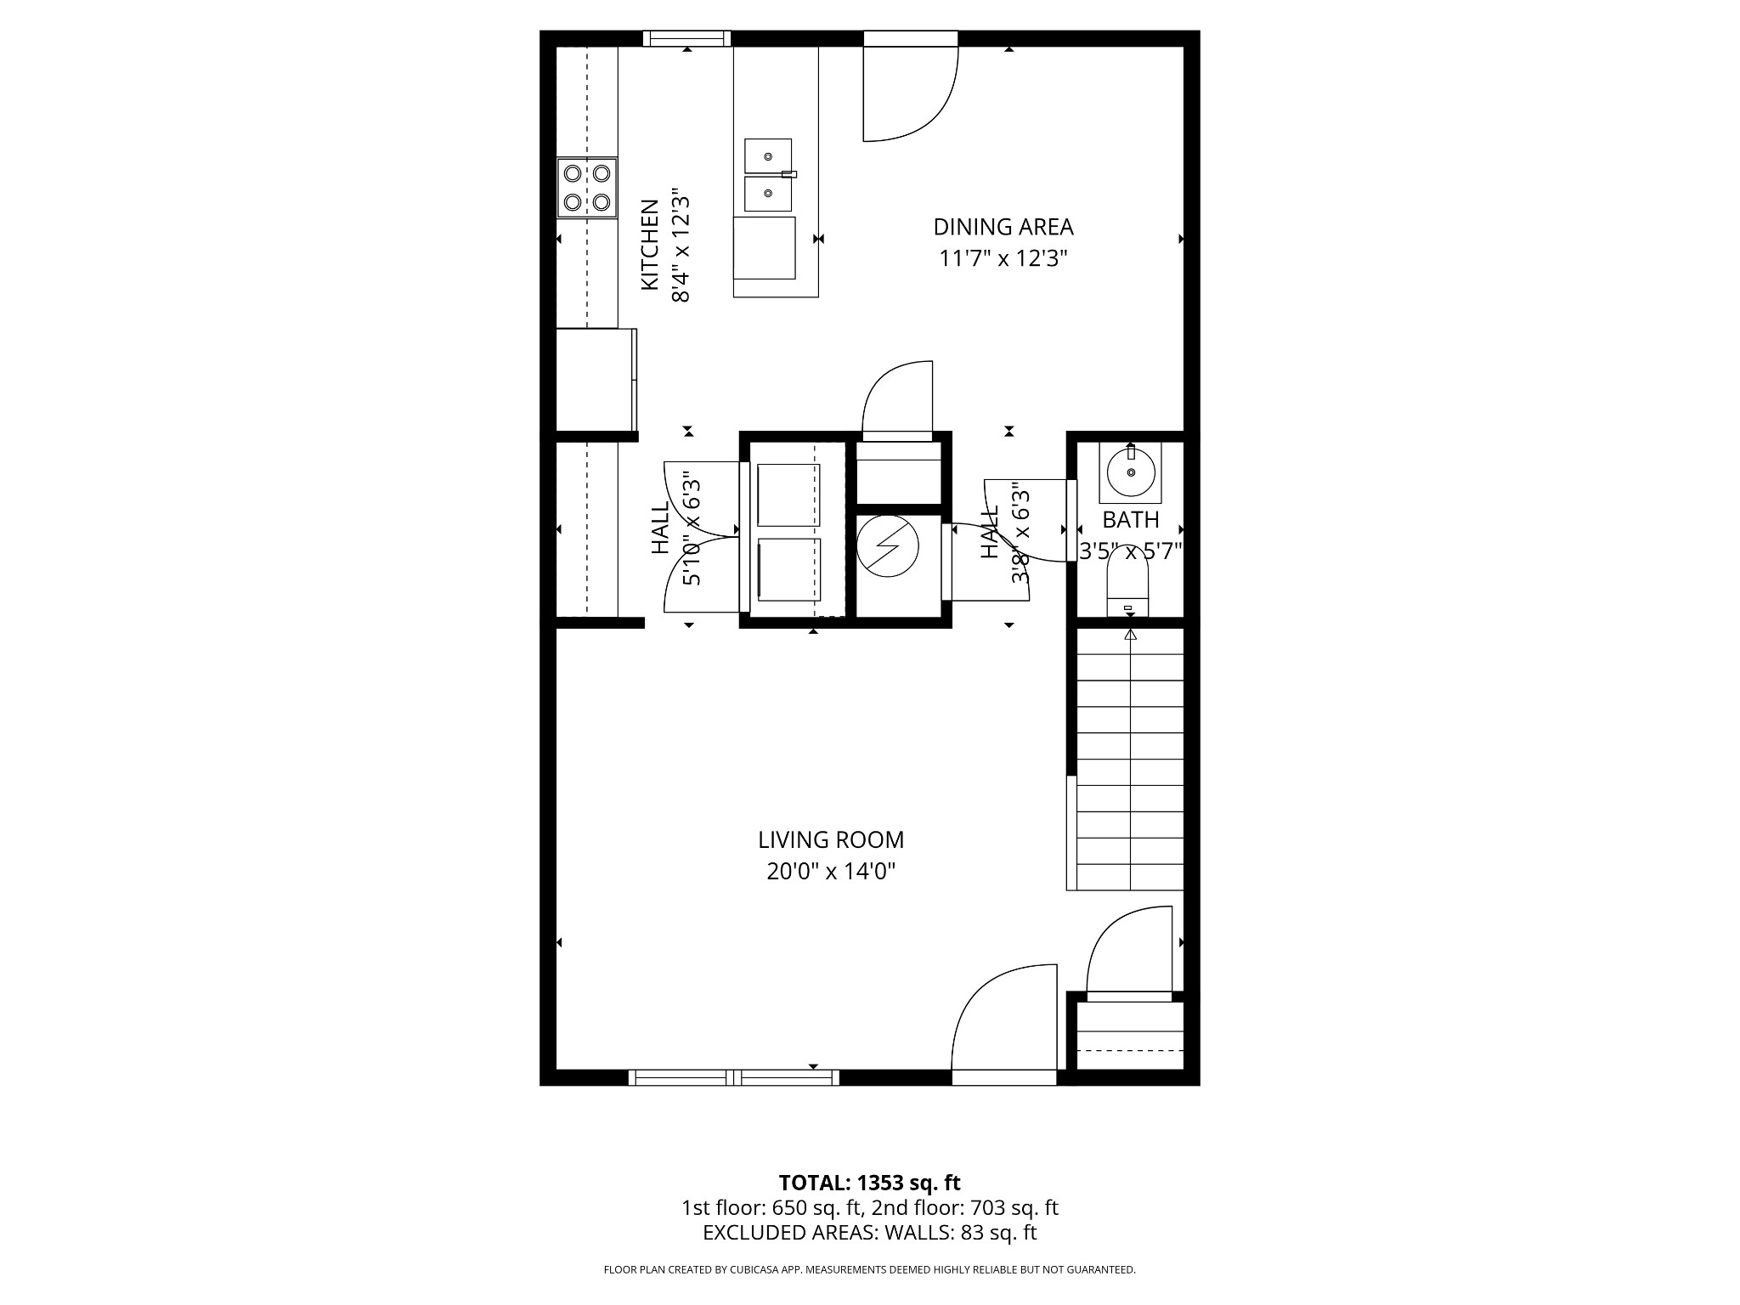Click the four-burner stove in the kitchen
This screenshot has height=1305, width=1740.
587,188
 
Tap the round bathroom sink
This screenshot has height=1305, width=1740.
1130,472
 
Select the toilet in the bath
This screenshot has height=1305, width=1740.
1128,591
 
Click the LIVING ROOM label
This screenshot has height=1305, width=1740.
831,840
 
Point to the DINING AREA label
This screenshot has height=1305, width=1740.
1003,228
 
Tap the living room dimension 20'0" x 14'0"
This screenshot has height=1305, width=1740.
831,872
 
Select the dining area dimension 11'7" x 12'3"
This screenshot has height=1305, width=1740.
1003,258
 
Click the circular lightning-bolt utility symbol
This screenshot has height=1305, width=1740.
888,547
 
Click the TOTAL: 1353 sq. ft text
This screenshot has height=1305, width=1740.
870,1183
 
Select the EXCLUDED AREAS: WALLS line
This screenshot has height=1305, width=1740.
870,1233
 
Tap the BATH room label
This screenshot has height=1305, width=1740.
1131,520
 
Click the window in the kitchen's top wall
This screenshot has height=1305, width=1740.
686,38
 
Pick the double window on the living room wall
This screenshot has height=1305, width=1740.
734,1077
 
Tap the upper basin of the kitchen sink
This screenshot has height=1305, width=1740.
768,156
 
